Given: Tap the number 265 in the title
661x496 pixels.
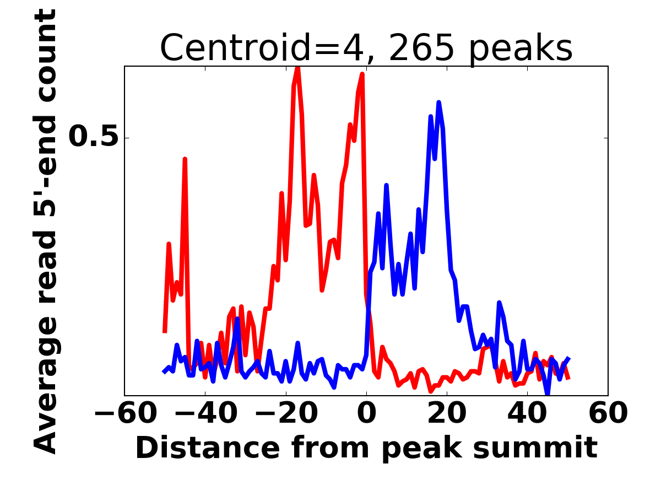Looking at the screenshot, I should [x=421, y=48].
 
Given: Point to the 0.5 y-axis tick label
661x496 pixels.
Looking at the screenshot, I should [x=94, y=137].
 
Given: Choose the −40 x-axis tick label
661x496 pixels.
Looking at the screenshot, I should [x=205, y=414].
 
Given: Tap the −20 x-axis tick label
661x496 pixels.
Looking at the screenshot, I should [x=285, y=414].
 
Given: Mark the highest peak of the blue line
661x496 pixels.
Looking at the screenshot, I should [x=438, y=103].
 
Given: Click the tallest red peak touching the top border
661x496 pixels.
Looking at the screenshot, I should [x=297, y=68].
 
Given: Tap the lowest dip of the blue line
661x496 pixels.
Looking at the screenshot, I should [x=548, y=393].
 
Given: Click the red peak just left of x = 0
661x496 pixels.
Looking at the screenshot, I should [x=362, y=74].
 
